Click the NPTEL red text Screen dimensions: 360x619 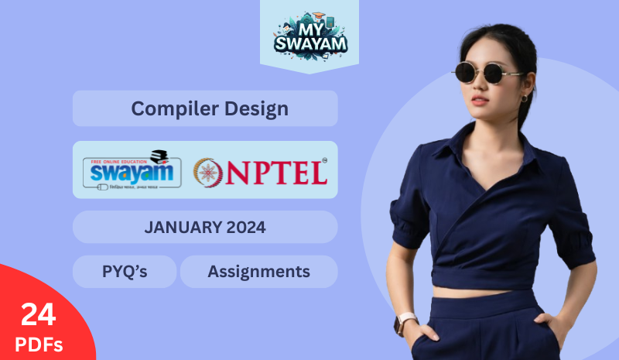(278, 172)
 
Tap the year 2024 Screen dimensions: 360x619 (247, 228)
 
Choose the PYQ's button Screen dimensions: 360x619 (125, 272)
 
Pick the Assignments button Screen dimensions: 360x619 (258, 272)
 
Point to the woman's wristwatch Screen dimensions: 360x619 (407, 321)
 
